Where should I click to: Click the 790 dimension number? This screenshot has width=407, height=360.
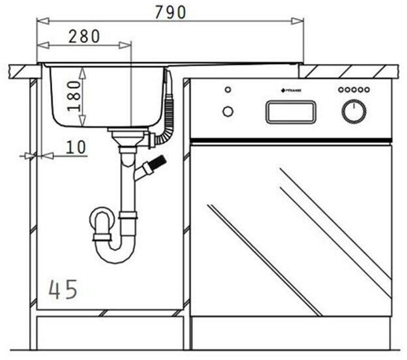170,12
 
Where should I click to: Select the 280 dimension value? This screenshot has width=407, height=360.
85,36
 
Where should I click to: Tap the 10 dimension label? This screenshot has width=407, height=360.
76,147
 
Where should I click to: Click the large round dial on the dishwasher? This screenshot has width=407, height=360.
354,112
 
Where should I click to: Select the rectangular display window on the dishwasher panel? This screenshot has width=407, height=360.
290,112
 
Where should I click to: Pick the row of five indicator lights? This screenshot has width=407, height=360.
353,89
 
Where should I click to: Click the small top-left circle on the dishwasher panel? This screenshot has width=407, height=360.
227,89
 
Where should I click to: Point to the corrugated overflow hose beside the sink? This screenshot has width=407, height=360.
169,111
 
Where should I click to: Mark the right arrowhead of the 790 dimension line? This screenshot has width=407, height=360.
300,22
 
